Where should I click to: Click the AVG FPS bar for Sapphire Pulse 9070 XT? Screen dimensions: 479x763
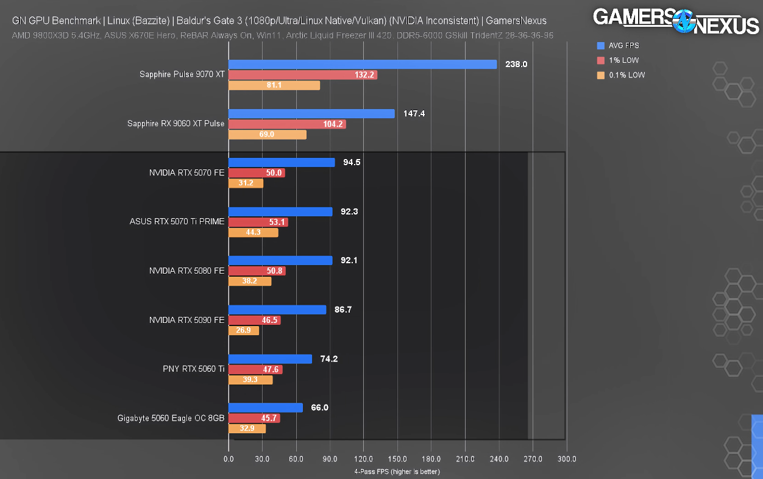pyautogui.click(x=363, y=64)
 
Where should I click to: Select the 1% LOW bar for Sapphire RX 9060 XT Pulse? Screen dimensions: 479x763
pyautogui.click(x=287, y=124)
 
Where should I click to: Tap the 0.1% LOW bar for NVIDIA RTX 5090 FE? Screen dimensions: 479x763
pyautogui.click(x=244, y=330)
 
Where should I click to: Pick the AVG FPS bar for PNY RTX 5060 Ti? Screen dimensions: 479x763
pyautogui.click(x=270, y=359)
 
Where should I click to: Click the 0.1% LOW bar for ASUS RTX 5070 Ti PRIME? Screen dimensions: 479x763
pyautogui.click(x=253, y=232)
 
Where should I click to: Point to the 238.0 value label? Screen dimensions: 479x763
pyautogui.click(x=516, y=64)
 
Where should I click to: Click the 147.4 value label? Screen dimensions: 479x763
pyautogui.click(x=414, y=113)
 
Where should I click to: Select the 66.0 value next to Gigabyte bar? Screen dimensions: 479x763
pyautogui.click(x=319, y=408)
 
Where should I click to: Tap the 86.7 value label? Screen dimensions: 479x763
pyautogui.click(x=343, y=310)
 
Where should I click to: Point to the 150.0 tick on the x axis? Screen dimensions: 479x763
pyautogui.click(x=397, y=459)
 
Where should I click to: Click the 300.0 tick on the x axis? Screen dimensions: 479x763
pyautogui.click(x=566, y=459)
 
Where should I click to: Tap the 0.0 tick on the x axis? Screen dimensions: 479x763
pyautogui.click(x=229, y=459)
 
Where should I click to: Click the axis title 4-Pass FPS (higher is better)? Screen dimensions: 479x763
pyautogui.click(x=397, y=471)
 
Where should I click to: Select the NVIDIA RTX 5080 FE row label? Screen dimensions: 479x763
pyautogui.click(x=186, y=271)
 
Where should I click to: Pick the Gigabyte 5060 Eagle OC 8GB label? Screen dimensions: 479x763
pyautogui.click(x=171, y=418)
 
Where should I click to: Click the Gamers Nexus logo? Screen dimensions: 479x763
pyautogui.click(x=676, y=21)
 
